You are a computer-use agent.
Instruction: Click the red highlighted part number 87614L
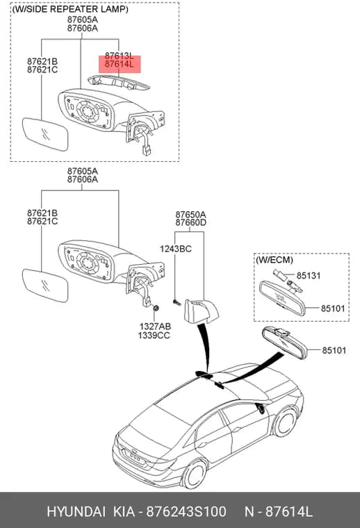coord(120,64)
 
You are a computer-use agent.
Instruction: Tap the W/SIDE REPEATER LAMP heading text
coord(70,9)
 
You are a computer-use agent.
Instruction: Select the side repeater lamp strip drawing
coord(118,83)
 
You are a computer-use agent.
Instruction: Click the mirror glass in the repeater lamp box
coord(45,134)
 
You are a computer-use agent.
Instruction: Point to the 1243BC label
coord(175,249)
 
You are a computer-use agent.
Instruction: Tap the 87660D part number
coord(190,222)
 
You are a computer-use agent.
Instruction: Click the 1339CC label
coord(154,336)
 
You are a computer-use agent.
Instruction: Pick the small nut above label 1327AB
coord(156,308)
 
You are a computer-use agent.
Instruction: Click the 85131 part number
coord(309,275)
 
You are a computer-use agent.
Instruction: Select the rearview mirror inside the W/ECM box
coord(282,298)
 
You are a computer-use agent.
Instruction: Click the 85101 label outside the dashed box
coord(334,350)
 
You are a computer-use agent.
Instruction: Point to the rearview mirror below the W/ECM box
coord(285,343)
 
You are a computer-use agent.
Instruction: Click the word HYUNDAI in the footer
coord(76,511)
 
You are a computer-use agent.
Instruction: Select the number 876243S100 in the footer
coord(186,511)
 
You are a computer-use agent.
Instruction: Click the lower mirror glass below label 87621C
coord(45,286)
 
